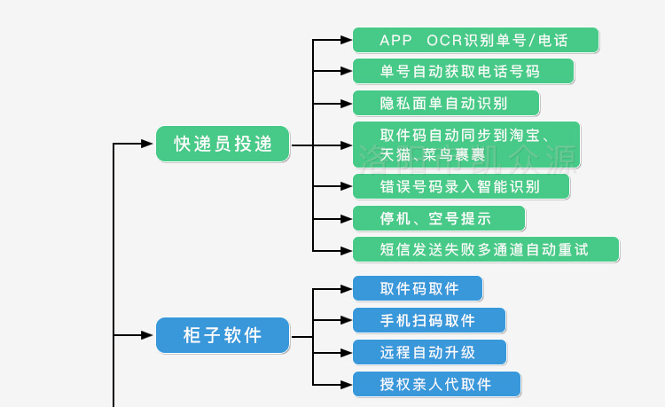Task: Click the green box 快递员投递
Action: [223, 144]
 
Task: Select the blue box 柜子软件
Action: [223, 335]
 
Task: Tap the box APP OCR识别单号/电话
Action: [475, 40]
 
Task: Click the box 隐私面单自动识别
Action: [446, 103]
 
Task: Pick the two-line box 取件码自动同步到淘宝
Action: [465, 145]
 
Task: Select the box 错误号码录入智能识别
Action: [460, 186]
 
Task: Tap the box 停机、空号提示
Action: [438, 218]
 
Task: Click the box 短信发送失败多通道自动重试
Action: [485, 249]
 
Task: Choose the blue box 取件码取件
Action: [418, 288]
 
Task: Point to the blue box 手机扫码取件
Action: [429, 320]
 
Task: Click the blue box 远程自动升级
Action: [429, 352]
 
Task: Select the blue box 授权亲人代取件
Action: [436, 384]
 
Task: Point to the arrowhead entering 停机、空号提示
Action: [346, 218]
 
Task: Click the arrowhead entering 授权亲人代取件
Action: [346, 384]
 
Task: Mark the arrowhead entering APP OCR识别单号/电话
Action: [346, 40]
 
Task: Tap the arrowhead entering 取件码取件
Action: [346, 288]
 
